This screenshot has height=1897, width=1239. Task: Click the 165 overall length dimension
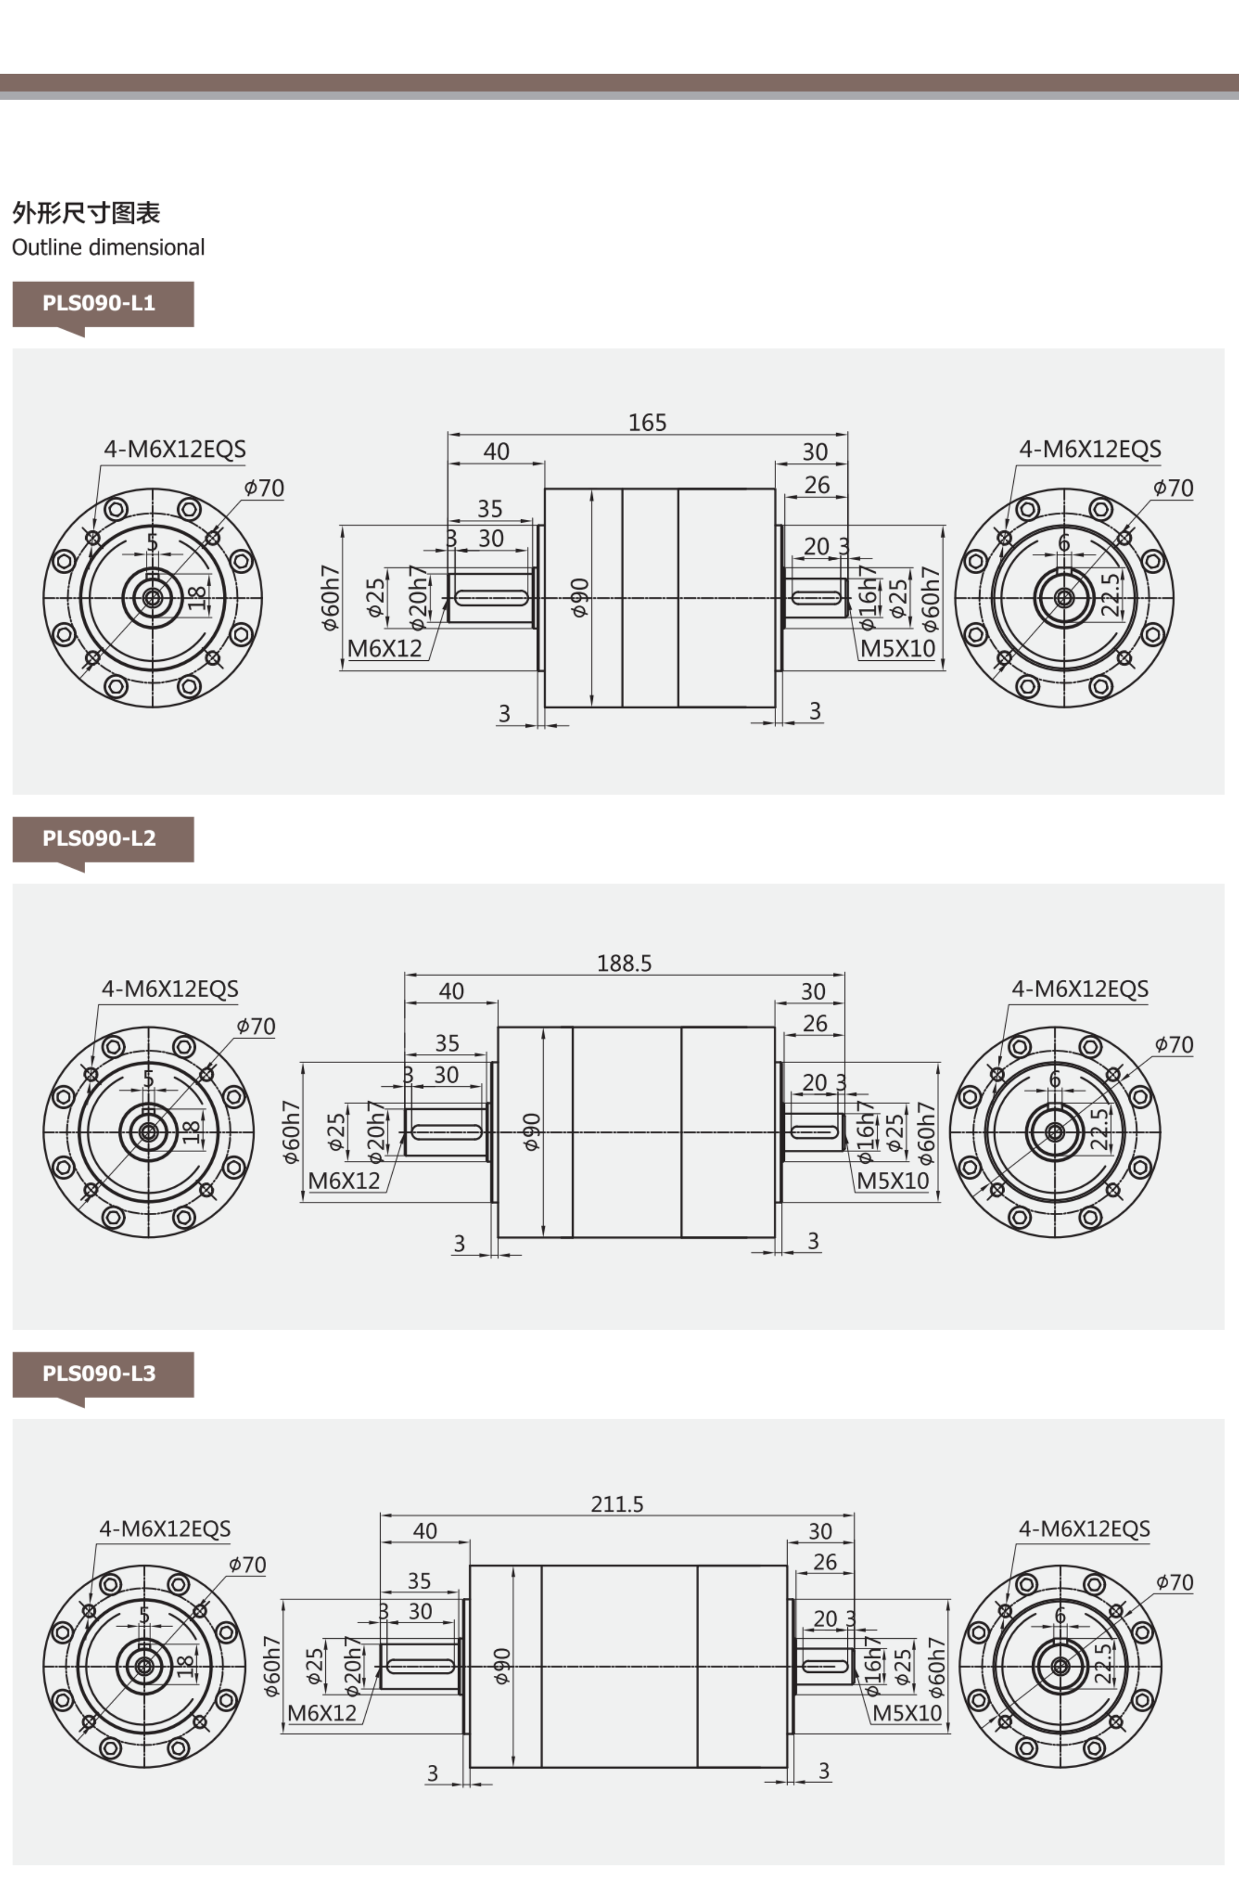647,423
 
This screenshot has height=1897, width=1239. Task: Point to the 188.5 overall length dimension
624,963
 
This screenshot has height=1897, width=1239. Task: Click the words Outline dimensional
108,247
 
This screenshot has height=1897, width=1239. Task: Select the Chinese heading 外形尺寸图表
86,213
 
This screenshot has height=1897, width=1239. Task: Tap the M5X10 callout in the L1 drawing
897,649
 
